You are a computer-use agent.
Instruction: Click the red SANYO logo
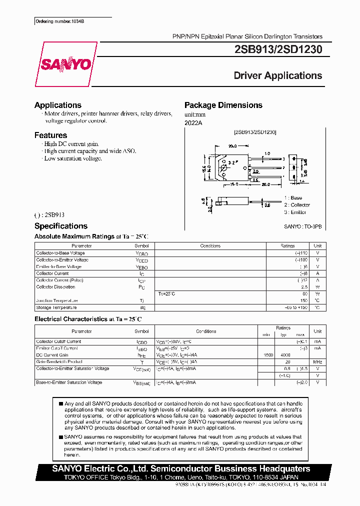66,64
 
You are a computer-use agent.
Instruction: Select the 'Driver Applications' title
278,76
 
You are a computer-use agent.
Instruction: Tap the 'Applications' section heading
57,105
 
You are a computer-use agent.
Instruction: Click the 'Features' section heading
50,135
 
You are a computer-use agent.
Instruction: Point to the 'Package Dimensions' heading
223,105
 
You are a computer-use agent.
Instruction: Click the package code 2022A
193,123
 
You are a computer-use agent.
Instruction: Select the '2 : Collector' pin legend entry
297,205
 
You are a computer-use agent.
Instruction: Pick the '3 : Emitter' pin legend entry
295,212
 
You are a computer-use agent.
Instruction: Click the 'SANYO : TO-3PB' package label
303,226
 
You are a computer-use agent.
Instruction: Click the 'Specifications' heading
60,226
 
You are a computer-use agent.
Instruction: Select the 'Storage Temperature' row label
56,307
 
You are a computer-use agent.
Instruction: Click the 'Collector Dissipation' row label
55,287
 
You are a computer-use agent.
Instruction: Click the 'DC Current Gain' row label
52,354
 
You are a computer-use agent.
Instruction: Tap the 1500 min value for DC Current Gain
268,354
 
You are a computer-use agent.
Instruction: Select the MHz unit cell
317,361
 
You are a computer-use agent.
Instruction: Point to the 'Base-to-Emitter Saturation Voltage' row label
69,382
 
